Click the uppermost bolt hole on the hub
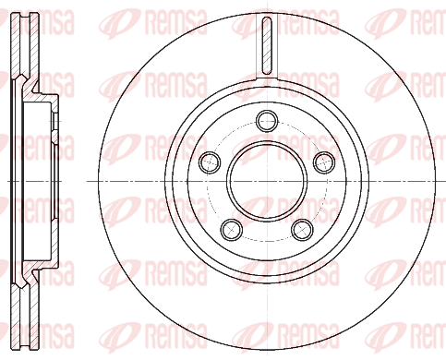tap(267, 121)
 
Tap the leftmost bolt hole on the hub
tap(210, 162)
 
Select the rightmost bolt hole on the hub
tap(324, 162)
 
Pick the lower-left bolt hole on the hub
tap(232, 230)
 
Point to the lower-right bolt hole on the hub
tap(303, 230)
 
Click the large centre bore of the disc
tap(267, 181)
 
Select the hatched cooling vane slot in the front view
tap(267, 45)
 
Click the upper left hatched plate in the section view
tap(16, 45)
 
